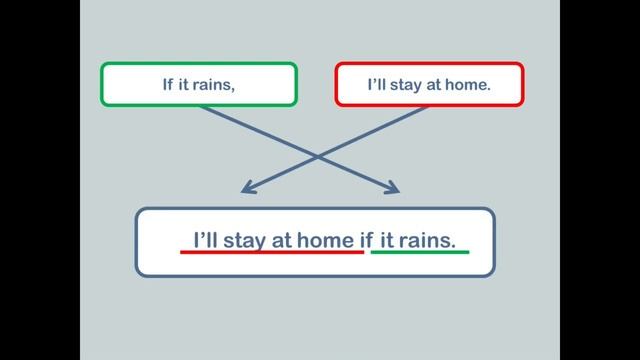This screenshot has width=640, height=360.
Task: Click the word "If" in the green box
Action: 168,85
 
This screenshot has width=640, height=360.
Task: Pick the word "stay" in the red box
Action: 408,85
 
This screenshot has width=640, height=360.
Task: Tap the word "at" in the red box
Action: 436,85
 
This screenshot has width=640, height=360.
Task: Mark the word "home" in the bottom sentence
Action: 327,240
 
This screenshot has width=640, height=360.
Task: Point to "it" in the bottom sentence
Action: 388,240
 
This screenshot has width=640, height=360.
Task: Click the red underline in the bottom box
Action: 271,252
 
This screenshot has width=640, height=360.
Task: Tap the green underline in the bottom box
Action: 419,252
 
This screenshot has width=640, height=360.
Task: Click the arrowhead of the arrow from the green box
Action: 393,189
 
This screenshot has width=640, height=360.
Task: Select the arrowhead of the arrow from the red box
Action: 247,189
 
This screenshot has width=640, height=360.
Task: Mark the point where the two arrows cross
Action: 318,156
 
